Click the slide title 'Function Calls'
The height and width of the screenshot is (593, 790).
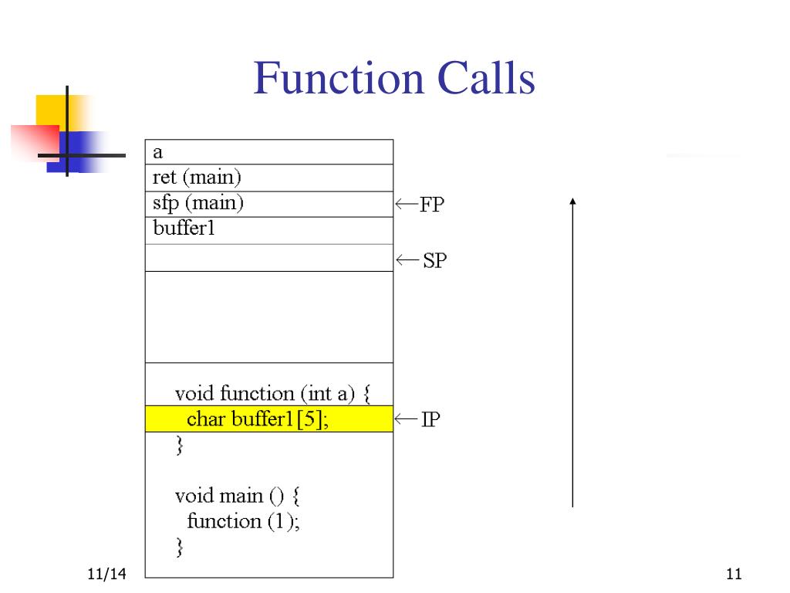click(394, 80)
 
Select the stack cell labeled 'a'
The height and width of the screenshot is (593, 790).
click(269, 152)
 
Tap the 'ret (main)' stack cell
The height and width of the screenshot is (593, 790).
click(269, 178)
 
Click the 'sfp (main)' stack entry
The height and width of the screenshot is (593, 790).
click(269, 204)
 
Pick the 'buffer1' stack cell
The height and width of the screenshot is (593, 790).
click(269, 229)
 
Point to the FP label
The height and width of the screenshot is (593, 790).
click(432, 205)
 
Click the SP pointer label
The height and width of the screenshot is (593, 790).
click(434, 261)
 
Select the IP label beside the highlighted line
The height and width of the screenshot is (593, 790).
click(430, 420)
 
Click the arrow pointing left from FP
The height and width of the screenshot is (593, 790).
click(407, 205)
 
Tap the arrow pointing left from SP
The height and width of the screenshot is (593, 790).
click(407, 260)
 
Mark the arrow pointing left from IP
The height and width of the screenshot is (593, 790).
click(407, 419)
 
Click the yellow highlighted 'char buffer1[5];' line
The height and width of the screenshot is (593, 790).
click(269, 419)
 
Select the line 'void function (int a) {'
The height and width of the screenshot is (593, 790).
click(272, 394)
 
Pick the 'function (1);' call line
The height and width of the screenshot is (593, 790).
click(244, 521)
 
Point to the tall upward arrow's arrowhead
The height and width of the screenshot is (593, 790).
click(572, 202)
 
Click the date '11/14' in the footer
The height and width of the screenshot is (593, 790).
click(107, 574)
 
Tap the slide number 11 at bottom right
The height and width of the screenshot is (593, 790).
click(733, 574)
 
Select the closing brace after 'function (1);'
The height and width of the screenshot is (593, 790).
click(180, 547)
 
